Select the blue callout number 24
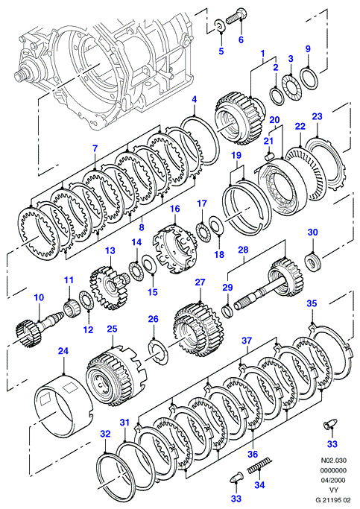coord(63,351)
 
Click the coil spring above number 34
coord(259,467)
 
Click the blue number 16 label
coord(175,209)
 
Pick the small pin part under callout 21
coord(269,156)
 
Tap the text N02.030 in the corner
coord(333,461)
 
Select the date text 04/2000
coord(333,480)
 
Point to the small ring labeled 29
coord(227,310)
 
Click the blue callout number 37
coord(247,341)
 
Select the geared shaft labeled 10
coord(39,327)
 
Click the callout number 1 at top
coord(262,53)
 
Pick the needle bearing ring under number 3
coord(291,88)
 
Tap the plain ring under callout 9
coord(309,78)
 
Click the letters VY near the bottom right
coord(333,490)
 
